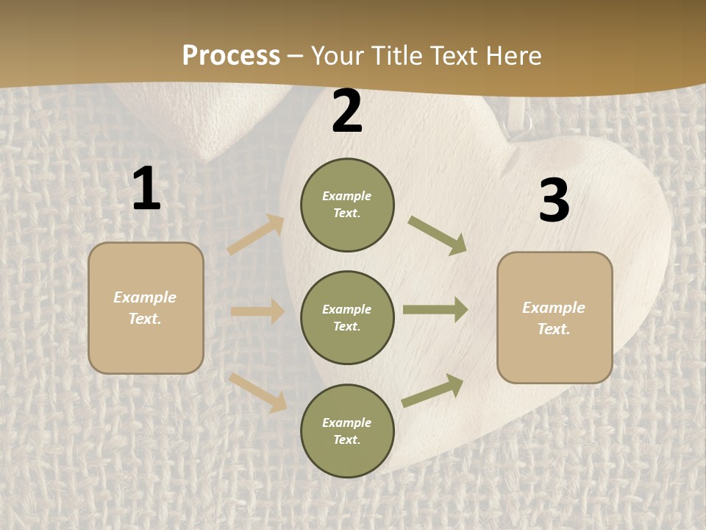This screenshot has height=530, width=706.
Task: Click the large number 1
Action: click(x=146, y=189)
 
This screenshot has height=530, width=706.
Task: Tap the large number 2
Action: click(x=347, y=112)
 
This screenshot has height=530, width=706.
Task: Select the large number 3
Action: click(x=554, y=201)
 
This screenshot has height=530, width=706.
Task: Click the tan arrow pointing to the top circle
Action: click(x=256, y=234)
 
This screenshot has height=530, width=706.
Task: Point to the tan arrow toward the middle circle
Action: click(x=257, y=311)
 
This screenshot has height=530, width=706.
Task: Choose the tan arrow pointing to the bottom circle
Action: click(x=258, y=392)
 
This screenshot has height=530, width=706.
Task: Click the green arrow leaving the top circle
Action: click(x=438, y=236)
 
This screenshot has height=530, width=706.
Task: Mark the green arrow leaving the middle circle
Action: click(x=435, y=310)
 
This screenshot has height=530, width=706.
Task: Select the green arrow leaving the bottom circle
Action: click(x=432, y=390)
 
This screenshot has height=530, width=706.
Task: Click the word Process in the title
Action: click(x=231, y=55)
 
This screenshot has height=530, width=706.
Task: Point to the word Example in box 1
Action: click(x=145, y=297)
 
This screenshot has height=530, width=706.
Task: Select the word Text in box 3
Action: click(x=554, y=329)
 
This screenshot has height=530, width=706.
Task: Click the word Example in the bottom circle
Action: click(x=347, y=423)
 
